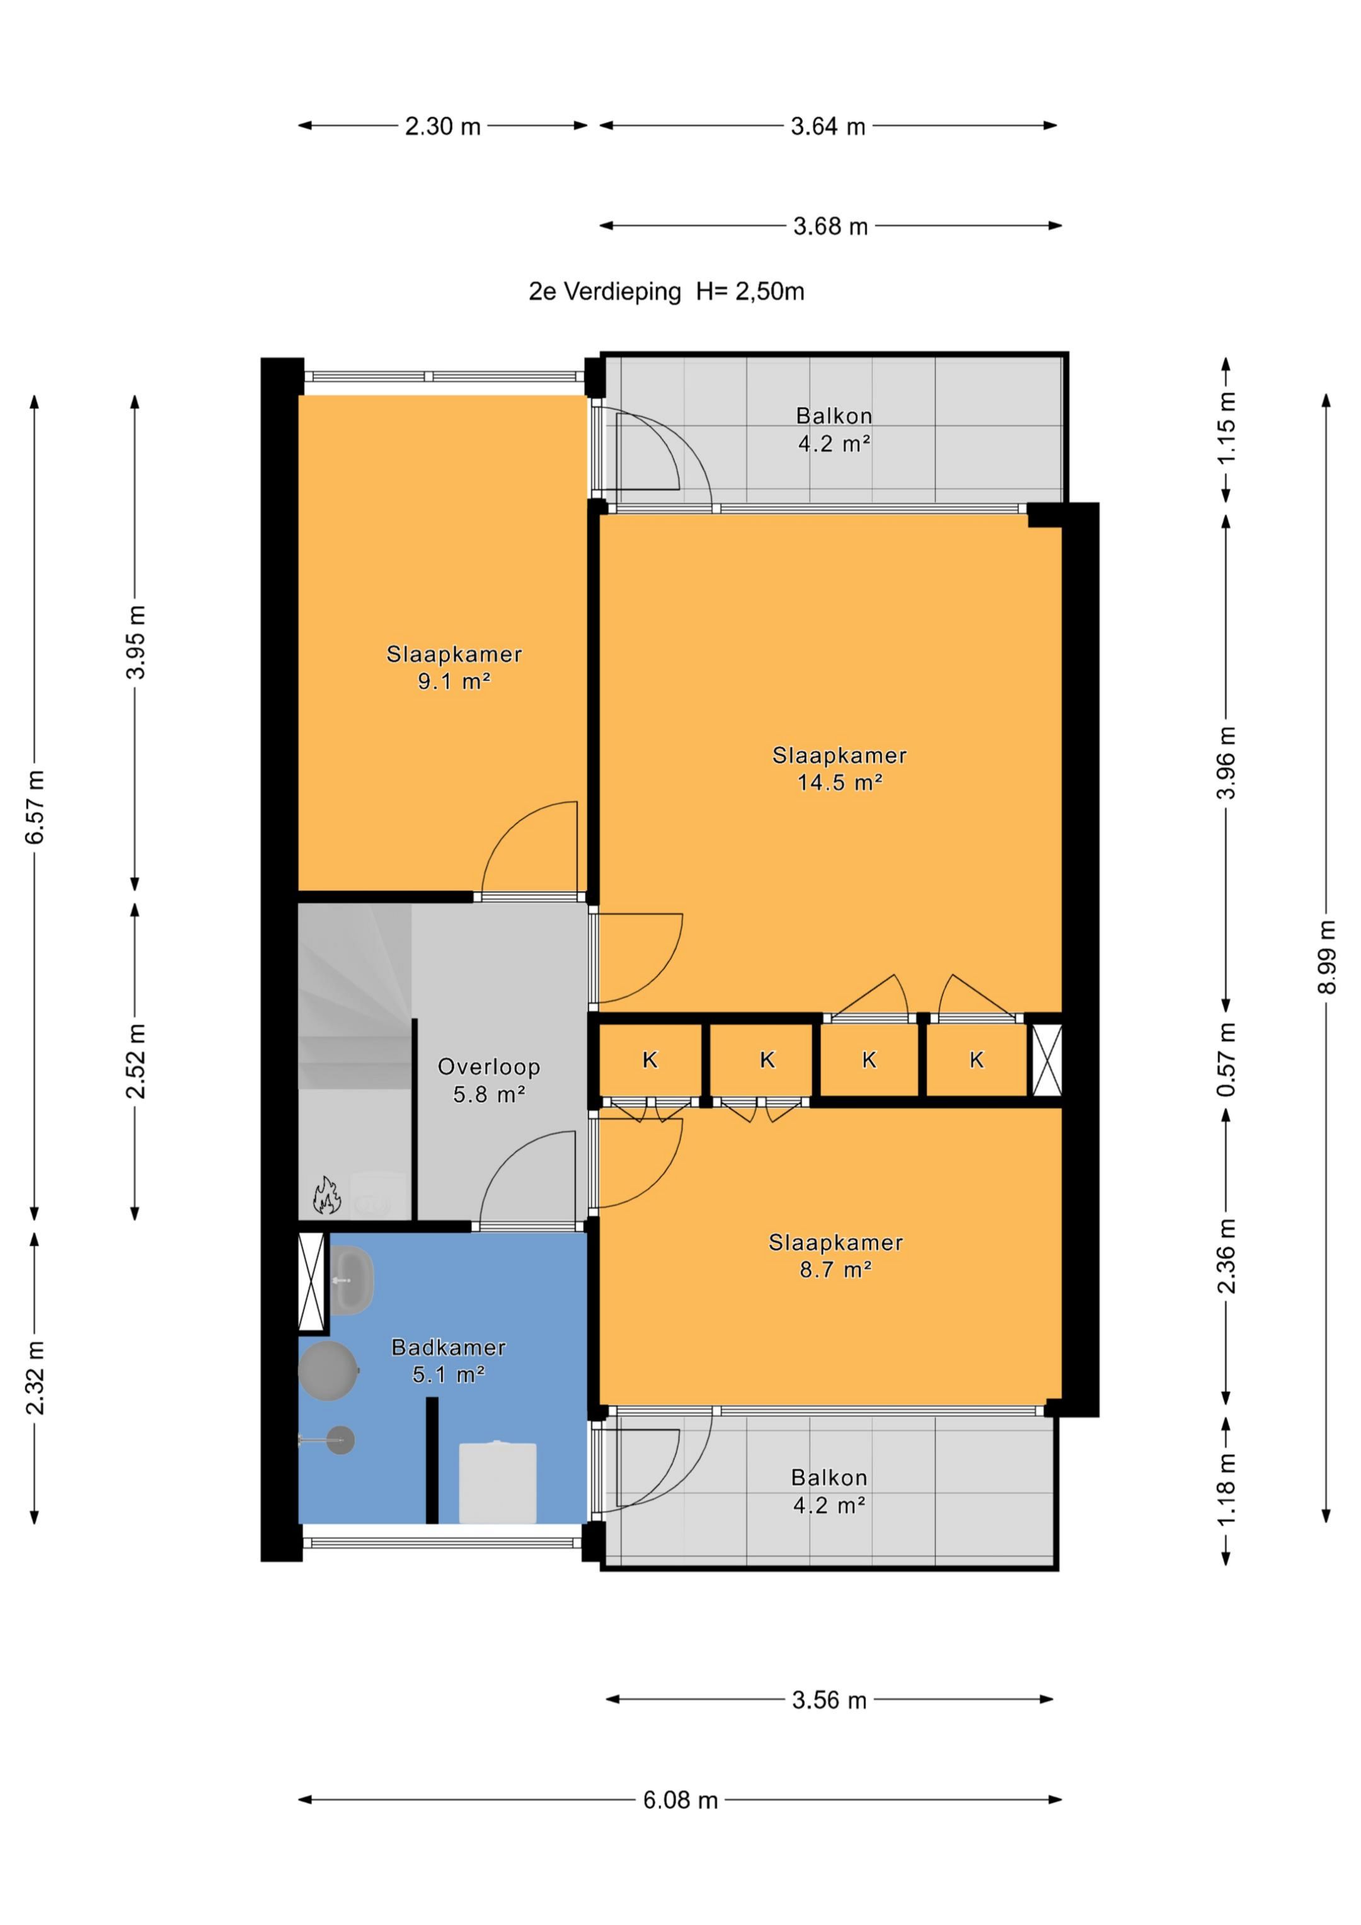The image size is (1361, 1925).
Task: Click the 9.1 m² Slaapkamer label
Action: point(454,667)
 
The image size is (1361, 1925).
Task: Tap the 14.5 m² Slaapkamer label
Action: point(839,769)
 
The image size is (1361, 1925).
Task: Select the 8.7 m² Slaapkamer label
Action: point(836,1256)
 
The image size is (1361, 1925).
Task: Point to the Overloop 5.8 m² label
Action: point(489,1081)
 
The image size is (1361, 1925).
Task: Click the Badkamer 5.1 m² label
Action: point(449,1361)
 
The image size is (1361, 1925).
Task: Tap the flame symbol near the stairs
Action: point(326,1195)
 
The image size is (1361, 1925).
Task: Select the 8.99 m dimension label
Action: point(1326,958)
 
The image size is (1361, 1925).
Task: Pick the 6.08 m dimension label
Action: point(680,1799)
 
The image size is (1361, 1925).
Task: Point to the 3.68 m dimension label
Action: point(830,226)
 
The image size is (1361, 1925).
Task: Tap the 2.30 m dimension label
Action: point(443,126)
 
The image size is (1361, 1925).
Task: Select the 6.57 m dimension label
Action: point(35,807)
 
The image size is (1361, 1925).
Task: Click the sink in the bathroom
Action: point(352,1280)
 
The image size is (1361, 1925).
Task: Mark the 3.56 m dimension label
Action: point(829,1699)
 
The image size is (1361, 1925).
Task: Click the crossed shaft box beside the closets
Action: point(1047,1060)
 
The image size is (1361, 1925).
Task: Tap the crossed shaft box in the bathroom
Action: point(312,1281)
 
